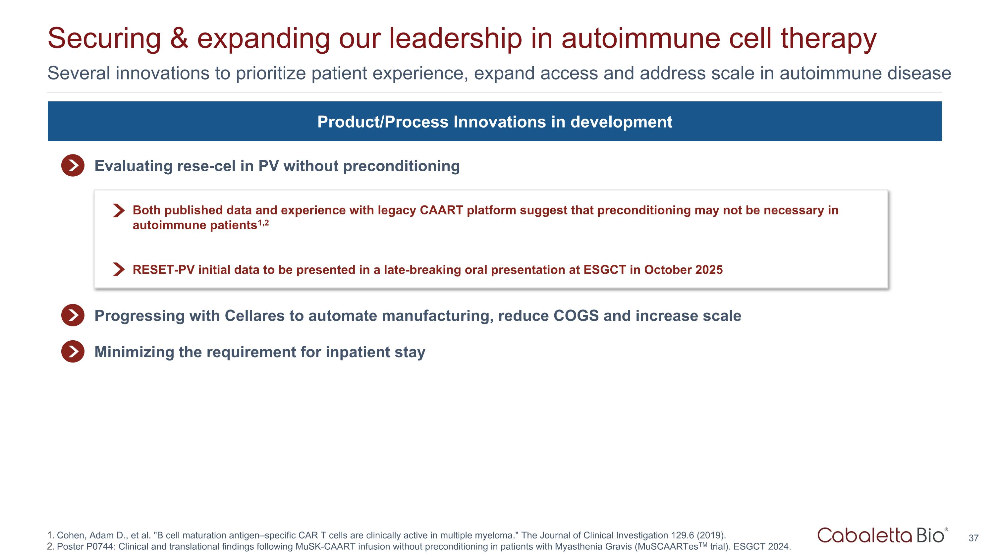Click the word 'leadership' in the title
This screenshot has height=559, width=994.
point(455,38)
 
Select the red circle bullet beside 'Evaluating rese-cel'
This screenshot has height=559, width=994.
point(73,165)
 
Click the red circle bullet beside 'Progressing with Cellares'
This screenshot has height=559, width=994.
point(73,315)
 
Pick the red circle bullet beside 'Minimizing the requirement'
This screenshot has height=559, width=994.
point(73,352)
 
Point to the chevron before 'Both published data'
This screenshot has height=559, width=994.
point(119,210)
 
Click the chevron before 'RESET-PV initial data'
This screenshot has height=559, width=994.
point(119,269)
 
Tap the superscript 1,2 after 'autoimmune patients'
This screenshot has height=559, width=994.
point(263,223)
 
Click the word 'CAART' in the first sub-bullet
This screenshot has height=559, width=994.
point(441,210)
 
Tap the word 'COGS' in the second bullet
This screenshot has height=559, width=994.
point(576,315)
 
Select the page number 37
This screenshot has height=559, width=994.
point(973,538)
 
